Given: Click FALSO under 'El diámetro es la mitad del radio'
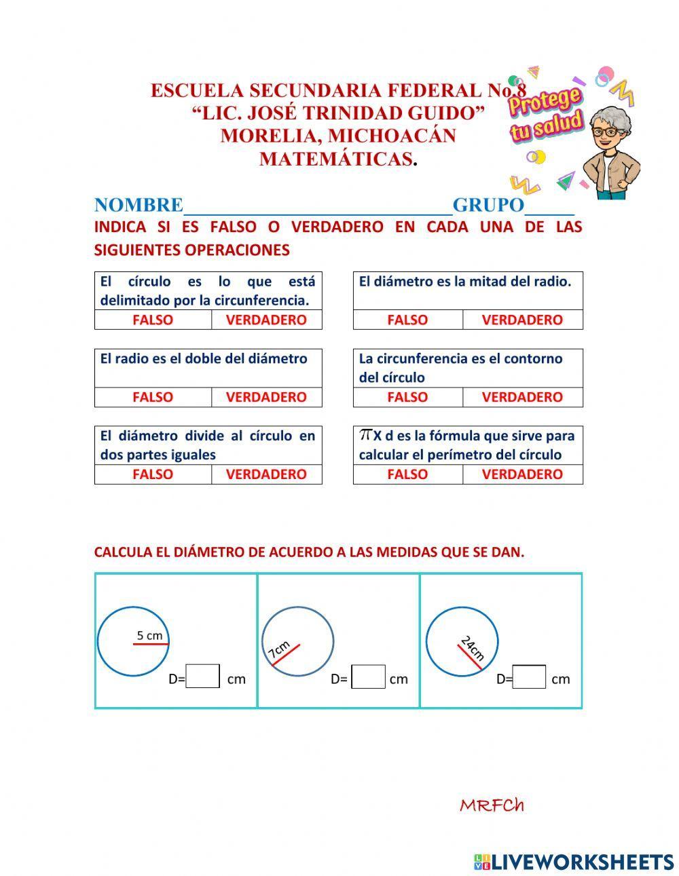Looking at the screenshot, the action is coord(407,320).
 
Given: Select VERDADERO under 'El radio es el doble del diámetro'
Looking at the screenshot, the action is coord(266,397).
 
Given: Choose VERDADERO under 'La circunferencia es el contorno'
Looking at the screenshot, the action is coord(522,397).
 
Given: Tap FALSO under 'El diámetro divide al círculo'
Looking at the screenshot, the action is coord(153,474).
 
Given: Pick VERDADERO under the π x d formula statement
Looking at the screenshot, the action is coord(522,474).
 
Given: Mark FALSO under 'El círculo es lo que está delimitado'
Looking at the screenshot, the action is coord(153,320).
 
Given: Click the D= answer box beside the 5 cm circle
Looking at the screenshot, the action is coord(203,677).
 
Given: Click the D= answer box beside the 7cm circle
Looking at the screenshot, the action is coord(369,677).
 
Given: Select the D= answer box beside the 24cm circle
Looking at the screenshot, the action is coord(530,677).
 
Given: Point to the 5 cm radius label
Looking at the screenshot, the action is coord(149,636).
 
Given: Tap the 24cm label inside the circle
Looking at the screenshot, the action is coord(473,647).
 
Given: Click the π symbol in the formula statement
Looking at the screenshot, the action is coord(365,434).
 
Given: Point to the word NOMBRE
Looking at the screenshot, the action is coord(139,205).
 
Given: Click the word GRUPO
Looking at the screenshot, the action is coord(488,205).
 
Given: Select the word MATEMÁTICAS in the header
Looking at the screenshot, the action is coord(336,159).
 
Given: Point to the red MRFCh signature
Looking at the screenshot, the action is coord(492,805).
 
